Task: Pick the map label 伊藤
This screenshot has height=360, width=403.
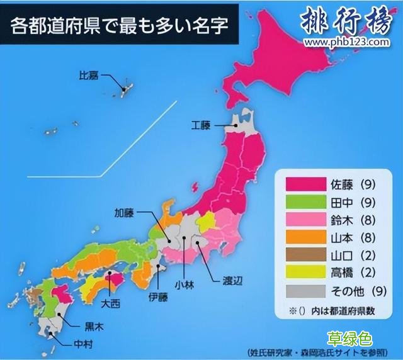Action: coord(159,295)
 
